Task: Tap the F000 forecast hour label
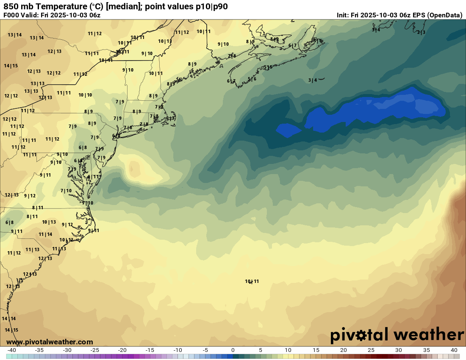tap(12, 15)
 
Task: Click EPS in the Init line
tap(417, 15)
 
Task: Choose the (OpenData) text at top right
tap(444, 15)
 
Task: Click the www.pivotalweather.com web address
tap(50, 342)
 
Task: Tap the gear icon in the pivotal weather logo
tap(361, 335)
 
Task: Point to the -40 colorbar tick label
tap(12, 350)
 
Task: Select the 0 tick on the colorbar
tap(233, 350)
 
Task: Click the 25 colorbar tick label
tap(371, 350)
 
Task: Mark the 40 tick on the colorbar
tap(454, 350)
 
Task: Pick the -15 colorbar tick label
tap(150, 350)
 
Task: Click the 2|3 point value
tap(421, 32)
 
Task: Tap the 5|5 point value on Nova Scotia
tap(268, 67)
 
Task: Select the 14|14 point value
tap(9, 318)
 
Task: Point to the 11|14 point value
tap(45, 234)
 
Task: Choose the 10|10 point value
tap(85, 95)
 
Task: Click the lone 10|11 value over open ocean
tap(252, 281)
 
